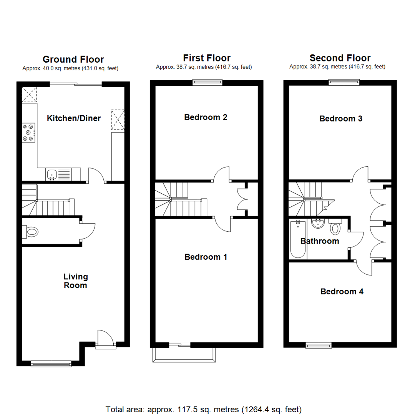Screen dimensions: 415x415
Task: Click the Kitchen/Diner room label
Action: [74, 118]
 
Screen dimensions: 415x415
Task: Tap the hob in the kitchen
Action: [28, 132]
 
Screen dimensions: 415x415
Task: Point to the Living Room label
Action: [76, 281]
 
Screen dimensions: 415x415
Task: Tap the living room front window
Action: [51, 363]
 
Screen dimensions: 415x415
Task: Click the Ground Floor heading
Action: [73, 59]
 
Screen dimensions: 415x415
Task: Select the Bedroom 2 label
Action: [206, 117]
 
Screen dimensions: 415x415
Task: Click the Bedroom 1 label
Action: [206, 257]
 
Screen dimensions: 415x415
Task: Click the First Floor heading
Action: [207, 58]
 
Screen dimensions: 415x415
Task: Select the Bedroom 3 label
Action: [341, 119]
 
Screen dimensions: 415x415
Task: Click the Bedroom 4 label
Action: [342, 292]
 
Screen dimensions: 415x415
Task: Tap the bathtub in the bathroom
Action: [297, 239]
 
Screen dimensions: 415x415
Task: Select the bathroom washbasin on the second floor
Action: [318, 223]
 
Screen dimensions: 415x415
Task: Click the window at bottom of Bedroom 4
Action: [319, 345]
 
